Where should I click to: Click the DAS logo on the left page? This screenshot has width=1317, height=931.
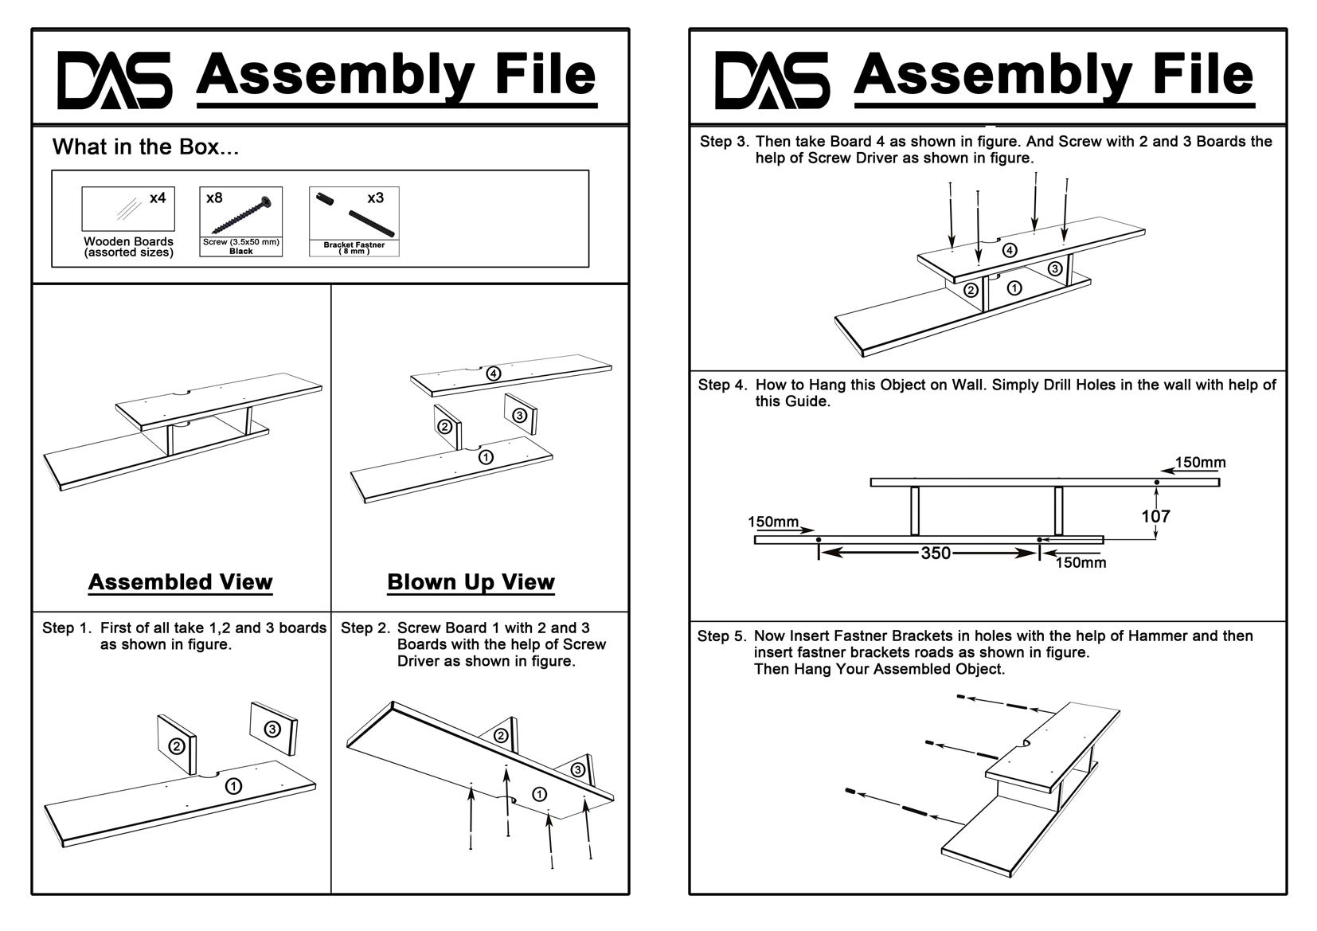pos(114,80)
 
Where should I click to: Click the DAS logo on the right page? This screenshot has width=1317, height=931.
pos(772,80)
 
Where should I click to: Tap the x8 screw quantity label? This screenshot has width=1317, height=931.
pos(214,198)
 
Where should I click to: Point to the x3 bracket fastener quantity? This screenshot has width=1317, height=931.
pos(375,197)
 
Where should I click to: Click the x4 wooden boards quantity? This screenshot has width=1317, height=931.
pos(158,197)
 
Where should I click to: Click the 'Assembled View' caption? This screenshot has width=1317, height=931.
pos(181,582)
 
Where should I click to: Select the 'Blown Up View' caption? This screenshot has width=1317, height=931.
pos(471,582)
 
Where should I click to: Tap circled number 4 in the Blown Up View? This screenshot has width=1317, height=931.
pos(494,373)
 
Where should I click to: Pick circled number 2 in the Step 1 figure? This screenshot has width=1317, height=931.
pos(177,746)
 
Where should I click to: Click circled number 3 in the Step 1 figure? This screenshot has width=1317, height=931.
pos(272,728)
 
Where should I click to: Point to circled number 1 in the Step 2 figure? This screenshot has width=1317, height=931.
pos(539,793)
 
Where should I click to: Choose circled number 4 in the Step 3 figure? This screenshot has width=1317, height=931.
pos(1009,250)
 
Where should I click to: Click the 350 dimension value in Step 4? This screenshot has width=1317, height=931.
pos(936,553)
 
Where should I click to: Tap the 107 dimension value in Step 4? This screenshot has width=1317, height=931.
pos(1155,516)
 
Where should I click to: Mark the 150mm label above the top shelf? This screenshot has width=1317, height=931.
pos(1200,463)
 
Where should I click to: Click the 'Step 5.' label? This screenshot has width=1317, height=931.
pos(722,636)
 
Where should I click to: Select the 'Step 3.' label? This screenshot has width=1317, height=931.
pos(725,142)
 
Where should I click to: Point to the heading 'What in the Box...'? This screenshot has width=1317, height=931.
pos(146,147)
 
